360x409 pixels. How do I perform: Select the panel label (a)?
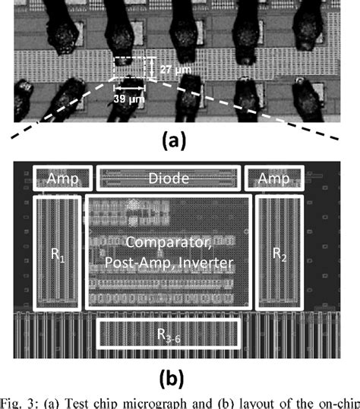177,140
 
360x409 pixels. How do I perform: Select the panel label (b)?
177,377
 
